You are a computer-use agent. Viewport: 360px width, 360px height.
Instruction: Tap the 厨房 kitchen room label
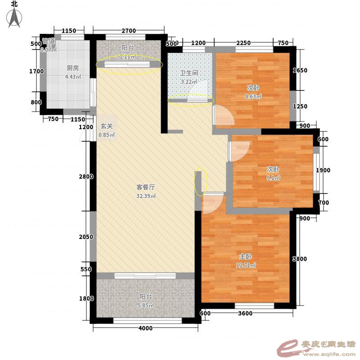coord(72,68)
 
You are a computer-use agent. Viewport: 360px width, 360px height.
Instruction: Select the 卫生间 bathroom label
coord(189,73)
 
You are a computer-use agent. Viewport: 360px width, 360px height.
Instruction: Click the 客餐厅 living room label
coord(145,187)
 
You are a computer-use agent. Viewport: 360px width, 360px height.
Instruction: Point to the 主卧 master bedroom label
coord(245,256)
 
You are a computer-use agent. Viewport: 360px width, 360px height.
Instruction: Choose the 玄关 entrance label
coord(107,126)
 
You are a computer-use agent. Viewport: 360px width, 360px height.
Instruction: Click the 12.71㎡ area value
coord(246,265)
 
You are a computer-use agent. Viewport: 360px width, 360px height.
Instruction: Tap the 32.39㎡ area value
coord(146,196)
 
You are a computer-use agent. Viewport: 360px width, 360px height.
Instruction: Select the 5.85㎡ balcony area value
coord(146,306)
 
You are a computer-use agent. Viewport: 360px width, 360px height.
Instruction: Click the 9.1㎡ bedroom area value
coord(273,178)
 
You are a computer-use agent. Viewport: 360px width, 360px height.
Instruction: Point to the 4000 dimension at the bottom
coord(145,328)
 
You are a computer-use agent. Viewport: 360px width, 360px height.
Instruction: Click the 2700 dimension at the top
coord(129,31)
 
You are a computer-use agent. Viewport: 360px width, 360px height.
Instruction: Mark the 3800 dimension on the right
coord(299,259)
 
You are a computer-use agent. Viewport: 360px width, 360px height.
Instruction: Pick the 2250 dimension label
coord(243,43)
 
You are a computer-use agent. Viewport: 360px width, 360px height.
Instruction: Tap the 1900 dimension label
coord(323,170)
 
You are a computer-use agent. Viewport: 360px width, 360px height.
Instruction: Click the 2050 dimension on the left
coord(86,237)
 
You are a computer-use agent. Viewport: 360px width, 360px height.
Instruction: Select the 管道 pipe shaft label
coord(49,41)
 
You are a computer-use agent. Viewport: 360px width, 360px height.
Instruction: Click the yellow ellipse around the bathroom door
coord(191,100)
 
